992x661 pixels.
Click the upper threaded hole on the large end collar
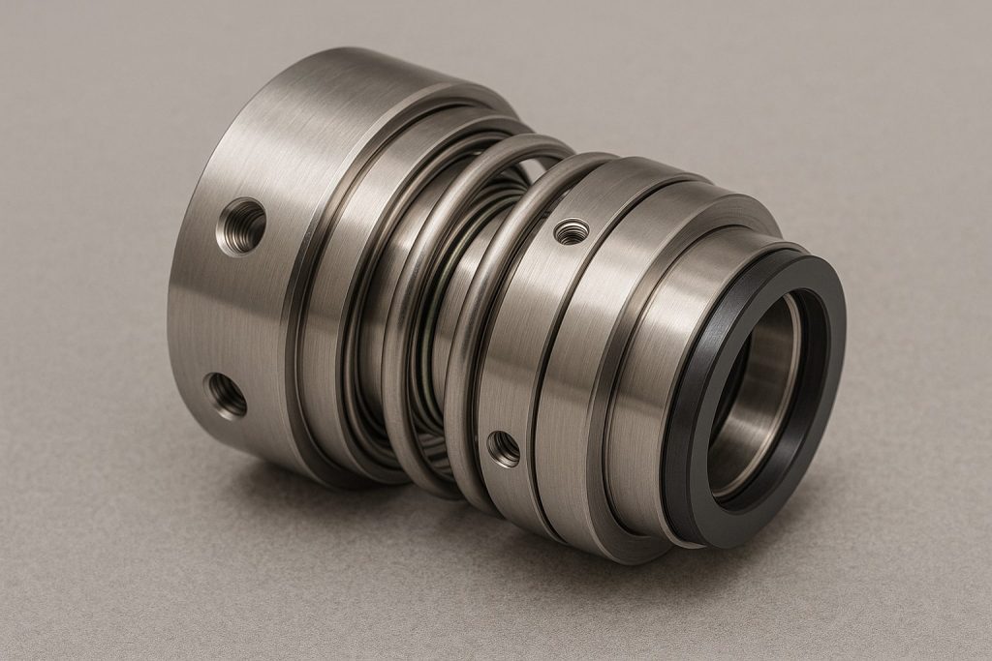(x=242, y=226)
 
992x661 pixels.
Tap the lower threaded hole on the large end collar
(x=226, y=395)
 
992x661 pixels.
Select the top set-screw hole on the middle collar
(x=572, y=231)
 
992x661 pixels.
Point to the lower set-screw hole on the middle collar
(x=504, y=448)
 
